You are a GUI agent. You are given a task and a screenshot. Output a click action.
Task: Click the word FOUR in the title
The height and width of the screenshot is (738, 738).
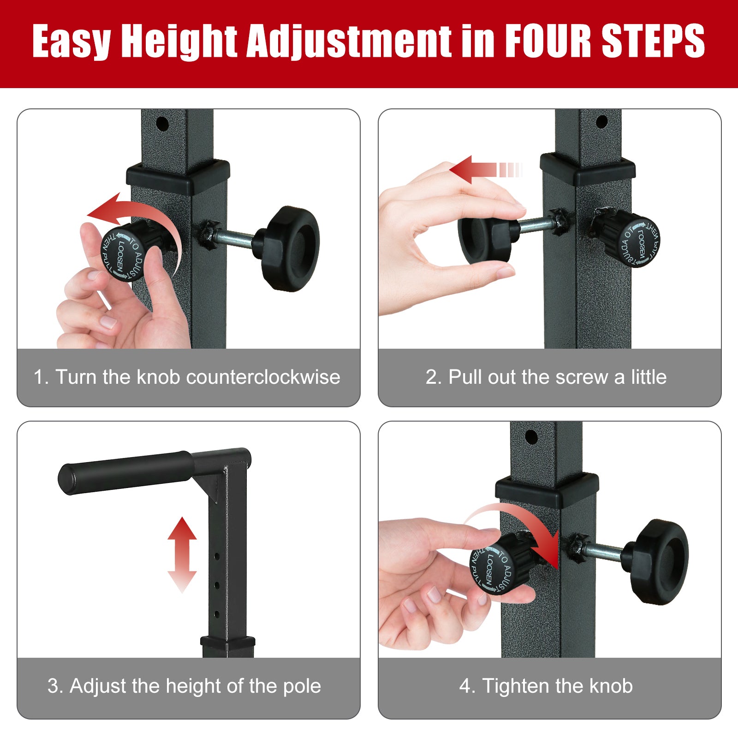549,42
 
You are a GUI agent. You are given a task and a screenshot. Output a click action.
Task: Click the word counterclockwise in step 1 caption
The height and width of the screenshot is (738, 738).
263,377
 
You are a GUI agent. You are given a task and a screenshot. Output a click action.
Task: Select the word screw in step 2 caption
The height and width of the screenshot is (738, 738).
582,377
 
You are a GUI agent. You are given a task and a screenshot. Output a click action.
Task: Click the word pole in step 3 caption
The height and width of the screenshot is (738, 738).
302,686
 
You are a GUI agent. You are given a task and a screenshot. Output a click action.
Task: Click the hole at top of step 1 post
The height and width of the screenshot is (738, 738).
162,124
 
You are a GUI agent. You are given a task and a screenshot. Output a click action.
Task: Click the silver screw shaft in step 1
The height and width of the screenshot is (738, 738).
235,238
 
